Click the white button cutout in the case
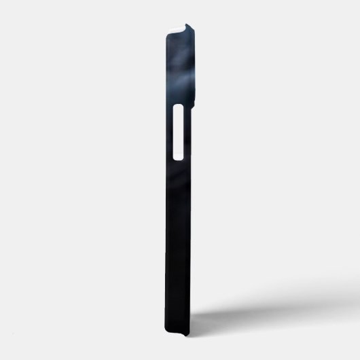(x=180, y=132)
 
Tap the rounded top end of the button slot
(x=180, y=109)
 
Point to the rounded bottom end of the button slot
(x=180, y=157)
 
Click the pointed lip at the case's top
(x=190, y=26)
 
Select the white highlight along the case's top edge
(x=176, y=25)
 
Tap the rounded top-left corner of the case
(x=166, y=30)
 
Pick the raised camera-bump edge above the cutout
(x=192, y=68)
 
